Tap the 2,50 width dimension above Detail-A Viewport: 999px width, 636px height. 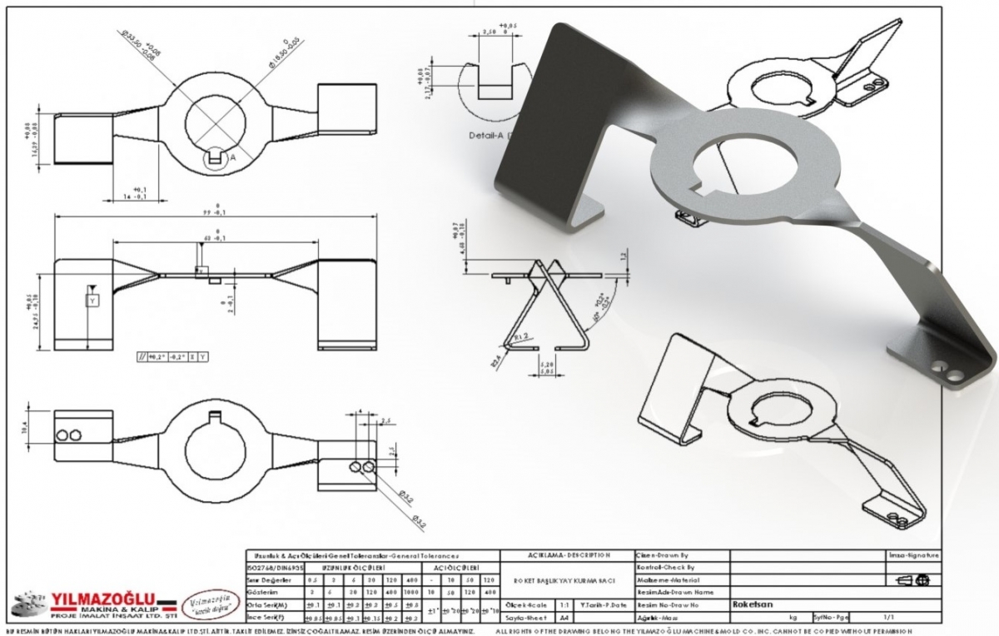click(x=491, y=32)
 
